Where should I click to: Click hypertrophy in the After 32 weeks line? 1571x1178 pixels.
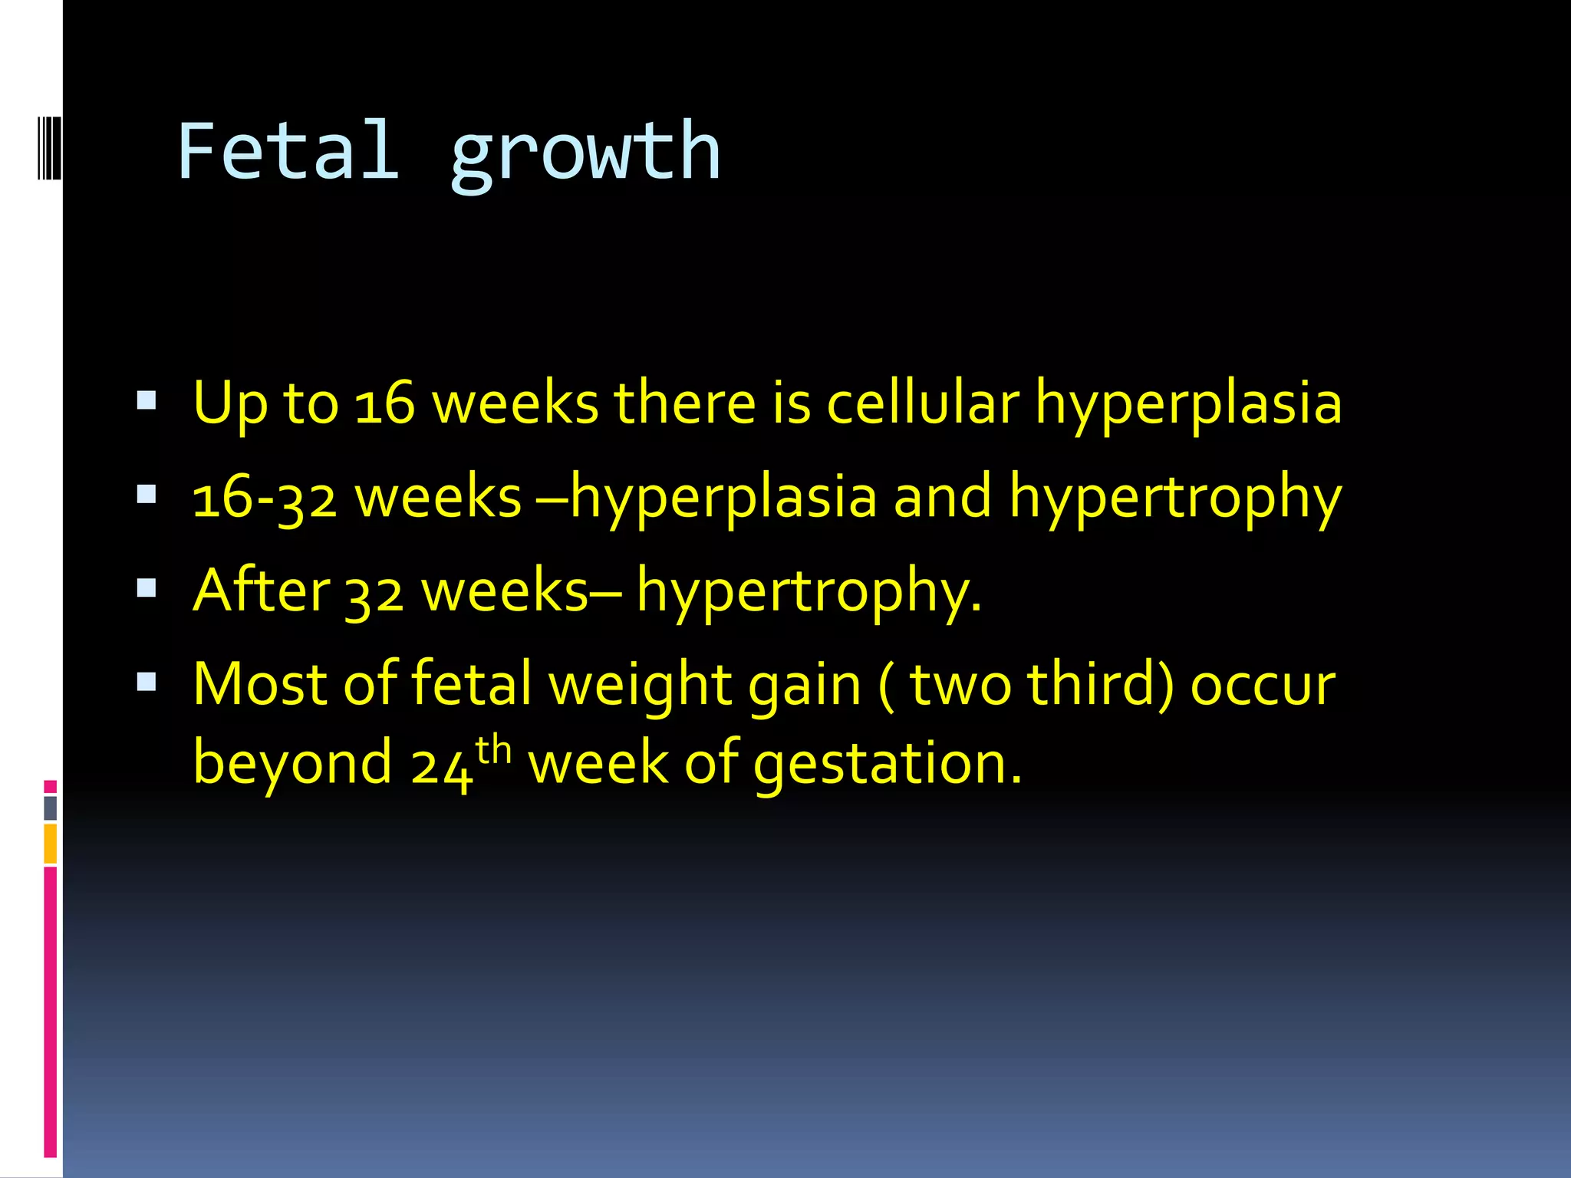pos(809,592)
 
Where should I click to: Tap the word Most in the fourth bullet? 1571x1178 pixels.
pos(260,683)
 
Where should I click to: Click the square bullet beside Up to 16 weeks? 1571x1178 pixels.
pos(147,400)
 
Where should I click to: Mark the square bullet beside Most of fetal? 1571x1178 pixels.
pos(147,682)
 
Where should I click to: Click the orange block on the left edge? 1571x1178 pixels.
pos(51,844)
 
